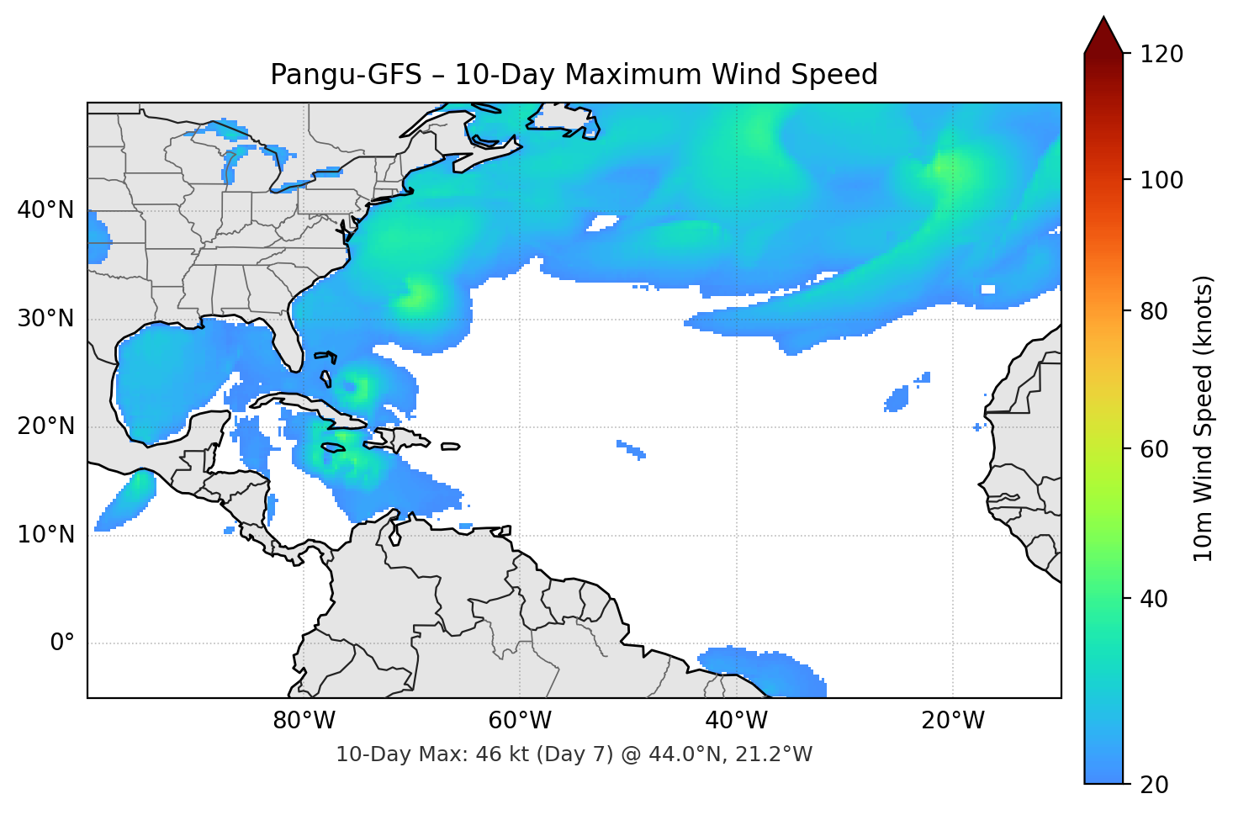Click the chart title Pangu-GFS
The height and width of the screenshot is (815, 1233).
click(574, 75)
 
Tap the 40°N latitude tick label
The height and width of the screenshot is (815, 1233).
click(45, 210)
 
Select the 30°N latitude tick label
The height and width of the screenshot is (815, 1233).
click(45, 319)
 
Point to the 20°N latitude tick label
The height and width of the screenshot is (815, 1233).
click(45, 426)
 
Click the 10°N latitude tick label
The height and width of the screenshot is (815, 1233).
click(45, 535)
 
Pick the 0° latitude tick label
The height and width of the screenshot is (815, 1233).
click(62, 643)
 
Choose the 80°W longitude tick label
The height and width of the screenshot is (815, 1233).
click(304, 721)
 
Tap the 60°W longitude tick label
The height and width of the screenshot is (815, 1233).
click(520, 721)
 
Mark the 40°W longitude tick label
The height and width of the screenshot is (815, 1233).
click(736, 721)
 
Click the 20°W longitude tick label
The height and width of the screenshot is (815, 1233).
click(953, 721)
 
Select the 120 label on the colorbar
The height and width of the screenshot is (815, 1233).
click(1162, 55)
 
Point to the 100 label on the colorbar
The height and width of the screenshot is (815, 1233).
click(1162, 180)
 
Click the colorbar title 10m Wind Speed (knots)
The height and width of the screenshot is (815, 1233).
click(1204, 419)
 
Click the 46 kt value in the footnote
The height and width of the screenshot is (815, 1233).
click(489, 754)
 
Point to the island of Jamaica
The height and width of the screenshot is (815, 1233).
click(334, 447)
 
